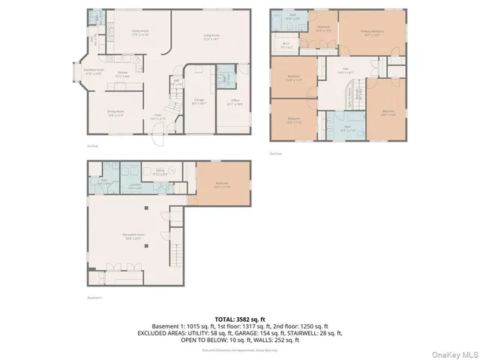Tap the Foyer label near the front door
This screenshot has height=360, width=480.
coord(157,118)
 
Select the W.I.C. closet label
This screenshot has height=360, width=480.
coord(286,65)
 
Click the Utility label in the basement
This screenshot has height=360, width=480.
coord(160,172)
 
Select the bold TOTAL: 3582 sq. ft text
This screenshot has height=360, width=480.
coord(239,319)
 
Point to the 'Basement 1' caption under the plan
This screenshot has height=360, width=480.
coord(94,298)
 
